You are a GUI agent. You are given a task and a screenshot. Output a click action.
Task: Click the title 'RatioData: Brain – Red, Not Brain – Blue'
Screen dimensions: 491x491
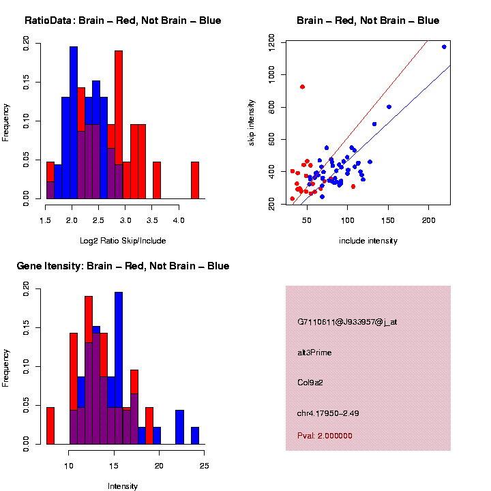pyautogui.click(x=123, y=20)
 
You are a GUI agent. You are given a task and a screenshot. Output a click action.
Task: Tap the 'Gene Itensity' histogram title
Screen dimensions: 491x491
pyautogui.click(x=123, y=266)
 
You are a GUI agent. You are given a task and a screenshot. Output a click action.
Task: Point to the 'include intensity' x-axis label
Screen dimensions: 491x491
pyautogui.click(x=368, y=240)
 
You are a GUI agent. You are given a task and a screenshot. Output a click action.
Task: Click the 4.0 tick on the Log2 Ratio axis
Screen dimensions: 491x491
pyautogui.click(x=179, y=220)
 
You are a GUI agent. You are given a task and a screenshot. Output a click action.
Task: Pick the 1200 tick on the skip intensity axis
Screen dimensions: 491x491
pyautogui.click(x=271, y=42)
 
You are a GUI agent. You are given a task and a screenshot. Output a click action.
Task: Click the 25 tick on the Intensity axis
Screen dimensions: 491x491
pyautogui.click(x=205, y=466)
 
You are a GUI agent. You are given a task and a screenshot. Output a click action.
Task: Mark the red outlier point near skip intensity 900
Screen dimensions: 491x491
pyautogui.click(x=302, y=87)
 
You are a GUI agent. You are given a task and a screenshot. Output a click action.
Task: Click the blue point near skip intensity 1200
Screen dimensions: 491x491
pyautogui.click(x=444, y=47)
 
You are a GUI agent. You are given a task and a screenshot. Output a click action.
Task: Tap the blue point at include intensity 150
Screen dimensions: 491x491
pyautogui.click(x=389, y=106)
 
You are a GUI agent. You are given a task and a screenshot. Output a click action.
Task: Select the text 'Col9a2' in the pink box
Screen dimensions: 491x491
pyautogui.click(x=310, y=382)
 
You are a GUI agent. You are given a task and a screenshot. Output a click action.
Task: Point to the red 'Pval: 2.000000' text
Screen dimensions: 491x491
pyautogui.click(x=325, y=435)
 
